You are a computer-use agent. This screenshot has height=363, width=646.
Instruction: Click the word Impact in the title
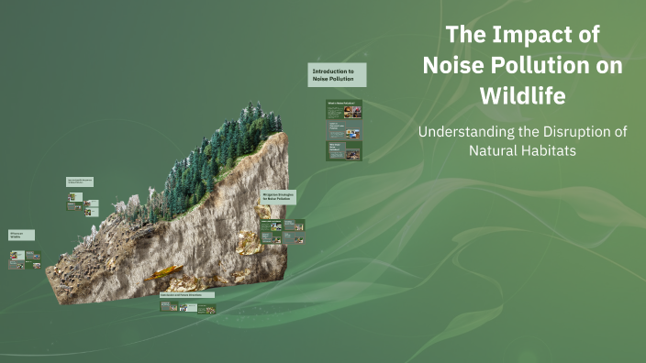pos(536,37)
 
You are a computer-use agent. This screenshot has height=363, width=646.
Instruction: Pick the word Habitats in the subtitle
pos(547,150)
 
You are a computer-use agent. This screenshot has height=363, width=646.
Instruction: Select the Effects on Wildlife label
pos(22,236)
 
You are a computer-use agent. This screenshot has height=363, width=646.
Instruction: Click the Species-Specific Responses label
pos(81,182)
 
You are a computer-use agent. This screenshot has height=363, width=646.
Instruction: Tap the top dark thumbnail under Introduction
pos(344,110)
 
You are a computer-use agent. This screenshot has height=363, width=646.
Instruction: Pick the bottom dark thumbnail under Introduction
pos(344,150)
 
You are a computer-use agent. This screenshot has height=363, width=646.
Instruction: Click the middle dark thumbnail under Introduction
pos(344,130)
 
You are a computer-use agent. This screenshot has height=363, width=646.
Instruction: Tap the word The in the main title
pos(464,37)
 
